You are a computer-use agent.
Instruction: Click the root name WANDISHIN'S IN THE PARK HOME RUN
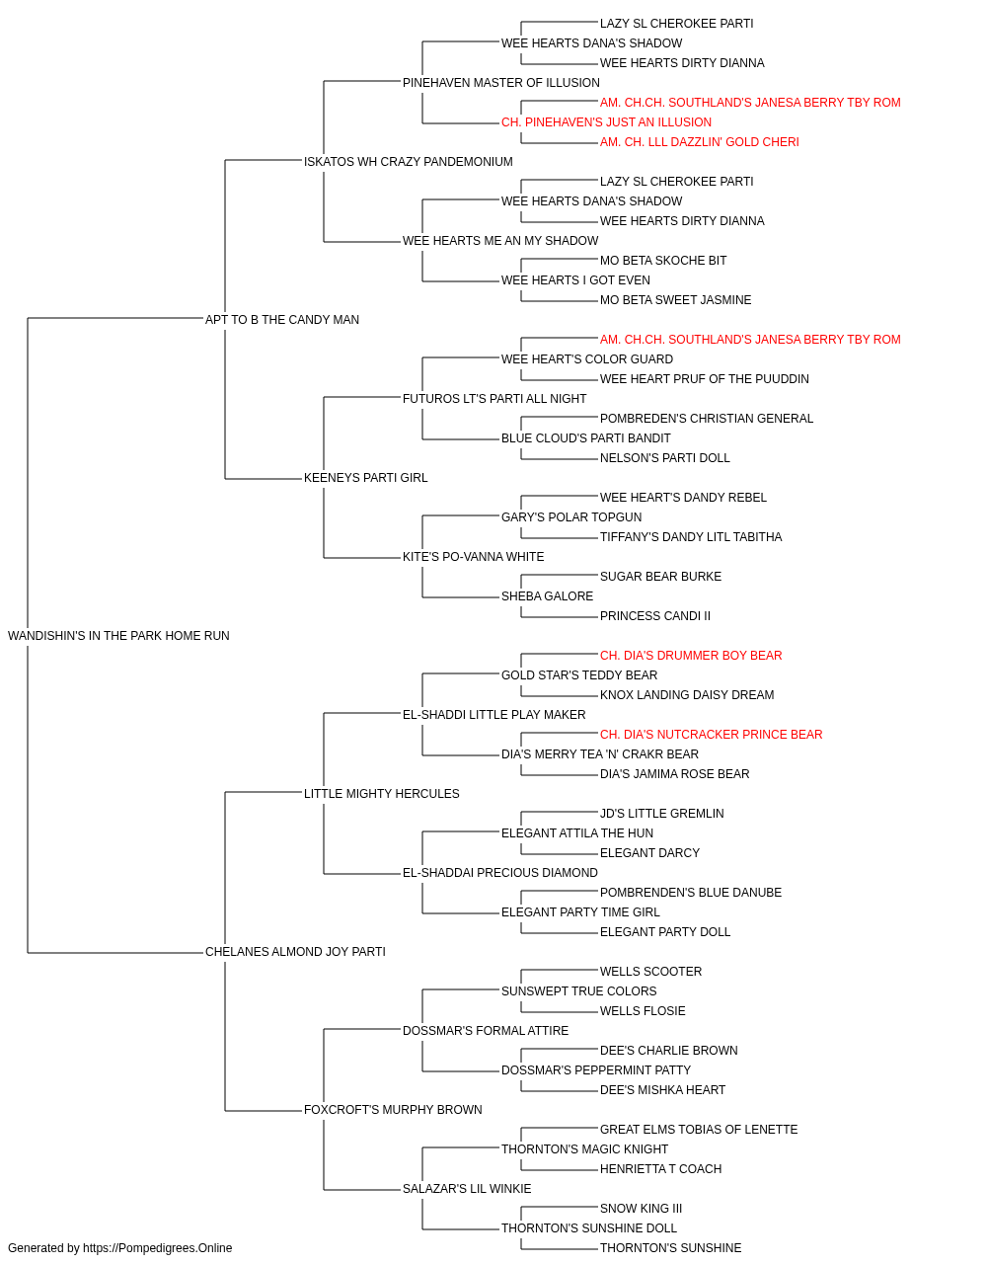pyautogui.click(x=118, y=635)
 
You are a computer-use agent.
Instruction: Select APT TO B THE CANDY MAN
pyautogui.click(x=282, y=319)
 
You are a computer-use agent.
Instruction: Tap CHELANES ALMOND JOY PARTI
pyautogui.click(x=295, y=952)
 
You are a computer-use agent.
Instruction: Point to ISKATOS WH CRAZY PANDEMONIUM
pyautogui.click(x=408, y=162)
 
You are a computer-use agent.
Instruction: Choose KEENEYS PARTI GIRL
pyautogui.click(x=365, y=478)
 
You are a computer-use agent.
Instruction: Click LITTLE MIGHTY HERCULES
pyautogui.click(x=381, y=793)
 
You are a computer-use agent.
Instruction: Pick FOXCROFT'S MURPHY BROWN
pyautogui.click(x=393, y=1109)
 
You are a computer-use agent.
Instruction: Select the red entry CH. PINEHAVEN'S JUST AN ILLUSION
pyautogui.click(x=606, y=122)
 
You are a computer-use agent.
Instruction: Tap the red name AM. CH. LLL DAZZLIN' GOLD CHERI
pyautogui.click(x=699, y=142)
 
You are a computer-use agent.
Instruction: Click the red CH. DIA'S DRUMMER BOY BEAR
pyautogui.click(x=691, y=655)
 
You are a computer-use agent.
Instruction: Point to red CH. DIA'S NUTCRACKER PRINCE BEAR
pyautogui.click(x=711, y=734)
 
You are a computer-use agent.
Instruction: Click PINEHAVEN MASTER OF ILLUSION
pyautogui.click(x=501, y=83)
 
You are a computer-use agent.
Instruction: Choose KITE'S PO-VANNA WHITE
pyautogui.click(x=473, y=557)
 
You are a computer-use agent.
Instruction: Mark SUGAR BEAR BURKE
pyautogui.click(x=660, y=577)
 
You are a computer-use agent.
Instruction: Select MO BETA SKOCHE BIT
pyautogui.click(x=663, y=260)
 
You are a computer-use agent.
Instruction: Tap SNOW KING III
pyautogui.click(x=641, y=1208)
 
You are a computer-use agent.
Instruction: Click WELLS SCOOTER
pyautogui.click(x=650, y=972)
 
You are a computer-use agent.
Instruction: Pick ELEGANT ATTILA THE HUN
pyautogui.click(x=577, y=833)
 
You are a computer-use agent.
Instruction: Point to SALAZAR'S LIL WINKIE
pyautogui.click(x=467, y=1188)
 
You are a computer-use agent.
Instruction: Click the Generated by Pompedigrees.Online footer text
pyautogui.click(x=119, y=1248)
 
